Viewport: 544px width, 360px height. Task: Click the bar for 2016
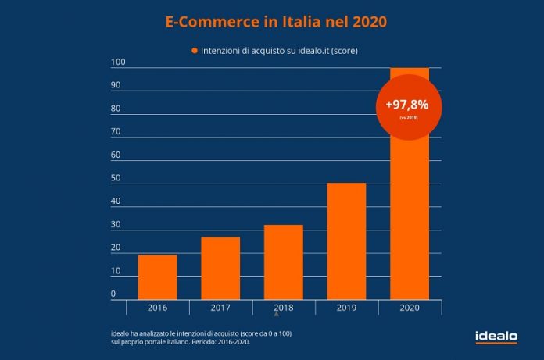click(157, 277)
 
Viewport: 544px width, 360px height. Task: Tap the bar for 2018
click(284, 262)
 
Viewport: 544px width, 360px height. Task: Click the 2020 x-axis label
click(410, 308)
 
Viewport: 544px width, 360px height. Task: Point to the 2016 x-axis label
click(157, 308)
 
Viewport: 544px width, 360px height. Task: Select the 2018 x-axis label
click(284, 308)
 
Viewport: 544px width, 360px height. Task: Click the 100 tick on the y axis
click(117, 62)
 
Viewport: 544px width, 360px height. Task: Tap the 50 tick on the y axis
click(116, 178)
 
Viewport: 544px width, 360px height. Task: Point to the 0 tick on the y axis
click(113, 294)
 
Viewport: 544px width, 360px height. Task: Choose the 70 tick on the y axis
click(116, 132)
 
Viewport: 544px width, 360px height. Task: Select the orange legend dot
click(195, 51)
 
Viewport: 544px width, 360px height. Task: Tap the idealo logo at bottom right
click(496, 337)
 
